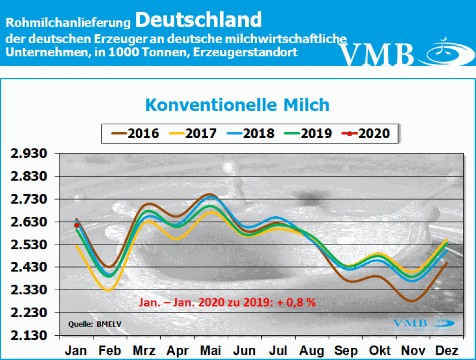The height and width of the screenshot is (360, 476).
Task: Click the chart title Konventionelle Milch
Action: click(238, 105)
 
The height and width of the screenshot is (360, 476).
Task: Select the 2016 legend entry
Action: click(135, 133)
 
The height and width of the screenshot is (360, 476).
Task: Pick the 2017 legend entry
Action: click(193, 133)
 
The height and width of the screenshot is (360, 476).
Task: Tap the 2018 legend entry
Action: click(251, 133)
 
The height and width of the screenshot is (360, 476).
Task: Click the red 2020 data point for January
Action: click(76, 225)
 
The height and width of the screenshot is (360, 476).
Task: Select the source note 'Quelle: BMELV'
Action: click(89, 324)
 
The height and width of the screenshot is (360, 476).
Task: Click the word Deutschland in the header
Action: click(199, 20)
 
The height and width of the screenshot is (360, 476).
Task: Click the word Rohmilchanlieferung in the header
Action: click(69, 22)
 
